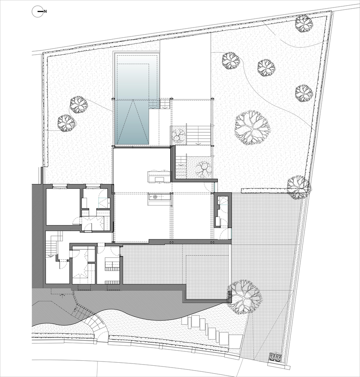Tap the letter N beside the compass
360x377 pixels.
click(x=46, y=12)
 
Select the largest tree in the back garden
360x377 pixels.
click(x=252, y=128)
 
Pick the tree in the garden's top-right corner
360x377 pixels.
click(x=304, y=24)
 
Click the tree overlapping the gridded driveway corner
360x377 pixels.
click(x=244, y=297)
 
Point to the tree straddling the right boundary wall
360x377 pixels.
click(x=299, y=187)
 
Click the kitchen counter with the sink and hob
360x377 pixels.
click(x=160, y=197)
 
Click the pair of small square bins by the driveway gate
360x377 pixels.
click(x=276, y=357)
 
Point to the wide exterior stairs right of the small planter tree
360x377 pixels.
click(x=198, y=135)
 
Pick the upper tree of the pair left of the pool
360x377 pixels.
click(x=79, y=104)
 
